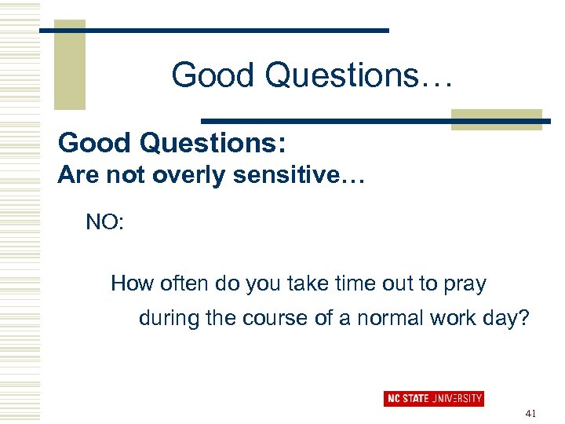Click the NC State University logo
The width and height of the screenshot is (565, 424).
pos(433,398)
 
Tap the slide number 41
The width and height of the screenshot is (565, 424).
pos(530,413)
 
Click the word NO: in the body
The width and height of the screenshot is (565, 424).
pos(104,222)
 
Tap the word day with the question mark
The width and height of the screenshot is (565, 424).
pos(513,320)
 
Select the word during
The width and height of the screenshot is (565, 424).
pos(166,320)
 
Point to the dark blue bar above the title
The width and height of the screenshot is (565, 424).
pos(213,30)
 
